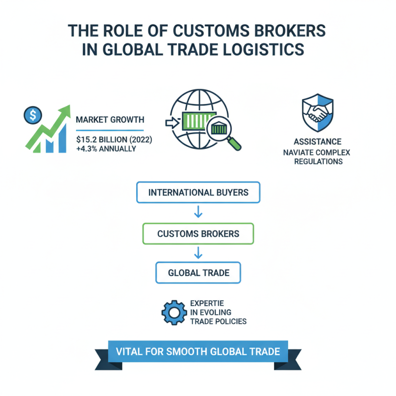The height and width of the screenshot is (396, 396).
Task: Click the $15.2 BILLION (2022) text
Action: (x=114, y=140)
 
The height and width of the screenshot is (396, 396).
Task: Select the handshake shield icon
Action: (x=317, y=114)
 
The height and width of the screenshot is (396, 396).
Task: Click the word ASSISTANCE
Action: (x=317, y=142)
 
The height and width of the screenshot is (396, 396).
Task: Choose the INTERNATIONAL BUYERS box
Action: (x=198, y=193)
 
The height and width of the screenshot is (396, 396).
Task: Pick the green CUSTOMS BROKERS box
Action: (x=198, y=233)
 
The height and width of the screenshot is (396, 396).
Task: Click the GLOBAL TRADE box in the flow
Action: (x=198, y=273)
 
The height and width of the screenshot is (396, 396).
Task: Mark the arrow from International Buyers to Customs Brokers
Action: (x=198, y=213)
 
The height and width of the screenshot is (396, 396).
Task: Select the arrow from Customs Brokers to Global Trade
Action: (x=198, y=253)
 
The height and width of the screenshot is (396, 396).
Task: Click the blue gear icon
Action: (x=173, y=311)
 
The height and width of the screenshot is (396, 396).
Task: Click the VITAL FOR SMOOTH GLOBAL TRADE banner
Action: (x=198, y=352)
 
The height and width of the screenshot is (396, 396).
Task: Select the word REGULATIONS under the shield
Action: (x=317, y=161)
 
